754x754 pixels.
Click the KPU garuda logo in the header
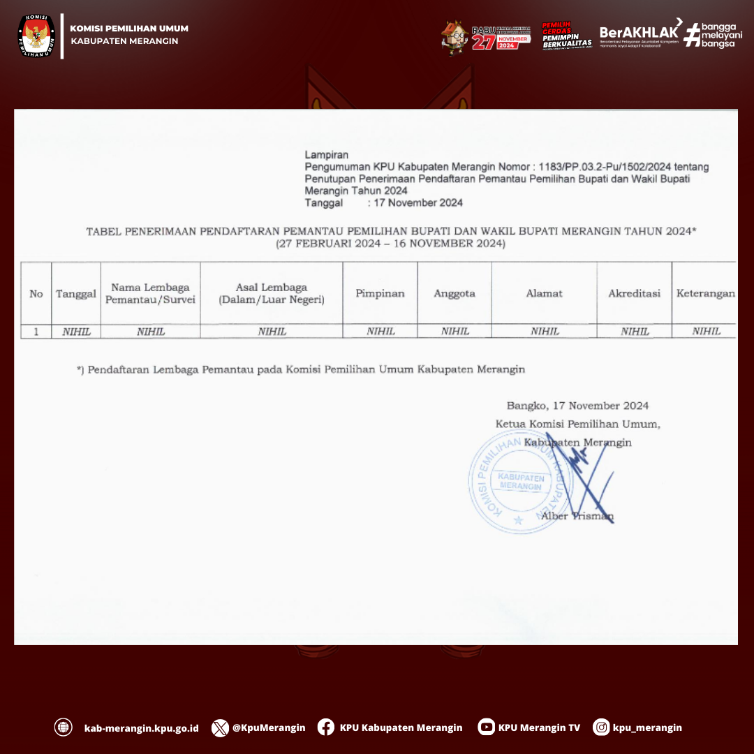coord(36,35)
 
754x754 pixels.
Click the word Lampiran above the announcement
coord(327,155)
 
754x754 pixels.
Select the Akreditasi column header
coord(634,293)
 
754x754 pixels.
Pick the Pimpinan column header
coord(380,293)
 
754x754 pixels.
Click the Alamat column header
coord(544,293)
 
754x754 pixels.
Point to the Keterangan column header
coord(705,293)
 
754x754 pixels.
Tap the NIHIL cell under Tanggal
coord(76,332)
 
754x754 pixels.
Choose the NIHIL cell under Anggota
coord(454,332)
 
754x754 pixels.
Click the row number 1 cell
coord(36,332)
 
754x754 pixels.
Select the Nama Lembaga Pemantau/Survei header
coord(150,293)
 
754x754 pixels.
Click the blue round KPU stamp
coord(520,482)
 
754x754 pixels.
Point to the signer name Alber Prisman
coord(577,516)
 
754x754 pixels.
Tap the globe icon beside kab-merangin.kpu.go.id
coord(64,727)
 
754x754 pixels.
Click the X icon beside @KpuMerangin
coord(220,727)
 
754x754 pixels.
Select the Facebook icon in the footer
coord(325,727)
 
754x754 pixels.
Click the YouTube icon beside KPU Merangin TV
coord(486,727)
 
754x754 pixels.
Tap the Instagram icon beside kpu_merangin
coord(601,727)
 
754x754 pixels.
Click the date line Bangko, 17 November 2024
coord(577,406)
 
